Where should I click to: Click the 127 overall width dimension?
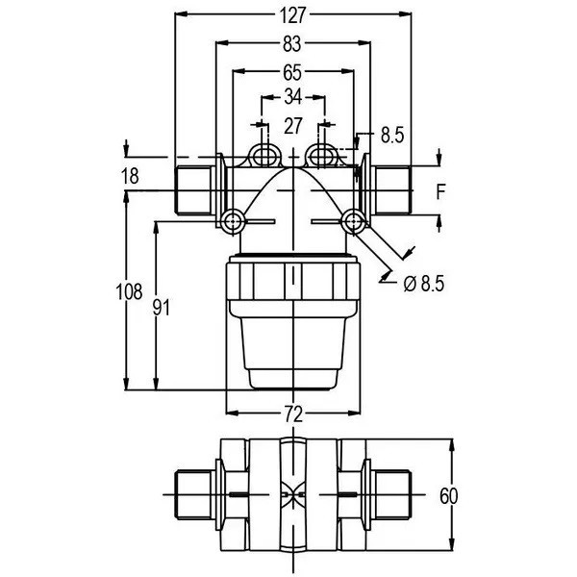coord(292,15)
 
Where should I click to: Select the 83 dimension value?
coord(292,44)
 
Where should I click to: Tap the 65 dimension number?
coord(292,72)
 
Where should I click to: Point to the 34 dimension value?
coord(293,97)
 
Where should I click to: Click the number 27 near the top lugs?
coord(293,126)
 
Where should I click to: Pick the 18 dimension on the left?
coord(130,176)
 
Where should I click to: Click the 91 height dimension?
coord(162,308)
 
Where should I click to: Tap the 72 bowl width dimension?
coord(293,414)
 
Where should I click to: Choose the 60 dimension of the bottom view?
coord(448,495)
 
